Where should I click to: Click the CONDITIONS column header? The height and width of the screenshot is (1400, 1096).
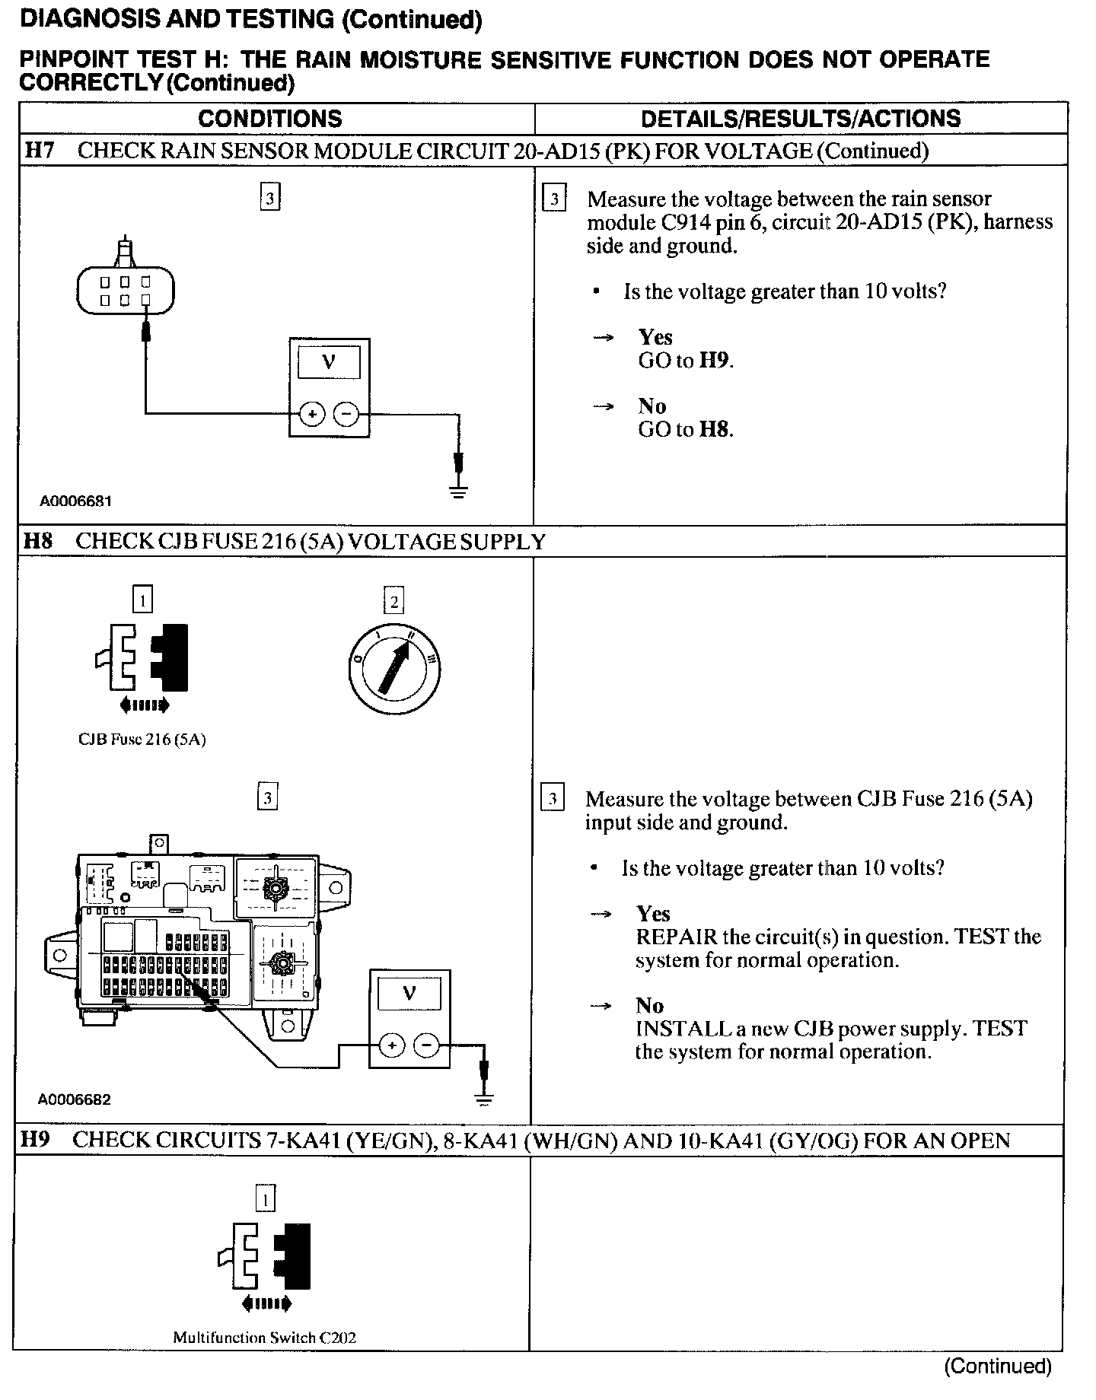(269, 119)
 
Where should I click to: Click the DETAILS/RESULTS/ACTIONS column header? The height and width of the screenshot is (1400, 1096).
(801, 119)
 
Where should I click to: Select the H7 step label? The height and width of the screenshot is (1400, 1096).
(39, 151)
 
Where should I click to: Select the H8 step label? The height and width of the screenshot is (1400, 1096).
(38, 541)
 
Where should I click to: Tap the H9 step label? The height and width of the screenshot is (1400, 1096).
(36, 1140)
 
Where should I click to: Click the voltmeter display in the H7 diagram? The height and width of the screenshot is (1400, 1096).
(329, 361)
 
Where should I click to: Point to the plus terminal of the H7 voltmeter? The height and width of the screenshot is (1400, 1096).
(311, 414)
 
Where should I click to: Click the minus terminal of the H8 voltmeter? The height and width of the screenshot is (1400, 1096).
(426, 1045)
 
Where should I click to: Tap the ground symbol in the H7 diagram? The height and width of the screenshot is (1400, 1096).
(458, 489)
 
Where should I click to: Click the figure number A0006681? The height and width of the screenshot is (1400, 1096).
(76, 501)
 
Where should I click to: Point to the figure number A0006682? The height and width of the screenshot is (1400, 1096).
(75, 1099)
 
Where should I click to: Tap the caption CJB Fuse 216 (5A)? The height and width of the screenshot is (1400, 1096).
(142, 739)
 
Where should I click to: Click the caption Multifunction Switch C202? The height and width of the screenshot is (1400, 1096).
(264, 1337)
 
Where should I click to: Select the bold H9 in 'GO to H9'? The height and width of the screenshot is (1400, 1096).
(715, 361)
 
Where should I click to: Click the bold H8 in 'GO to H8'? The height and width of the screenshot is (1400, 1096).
(715, 429)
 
